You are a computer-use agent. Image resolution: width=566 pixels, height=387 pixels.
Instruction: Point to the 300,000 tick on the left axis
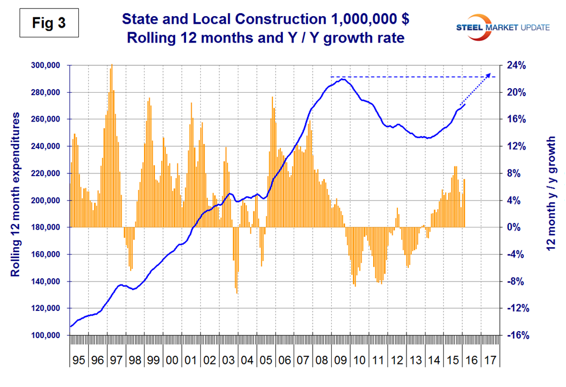click(x=45, y=65)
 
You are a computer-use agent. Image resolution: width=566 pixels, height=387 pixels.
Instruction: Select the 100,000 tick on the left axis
click(x=45, y=336)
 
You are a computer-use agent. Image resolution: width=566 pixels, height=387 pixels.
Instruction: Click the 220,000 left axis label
click(x=45, y=173)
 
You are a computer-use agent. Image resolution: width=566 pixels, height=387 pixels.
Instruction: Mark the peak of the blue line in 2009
click(x=343, y=79)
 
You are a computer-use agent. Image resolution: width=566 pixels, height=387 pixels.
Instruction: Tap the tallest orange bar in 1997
click(x=112, y=66)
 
